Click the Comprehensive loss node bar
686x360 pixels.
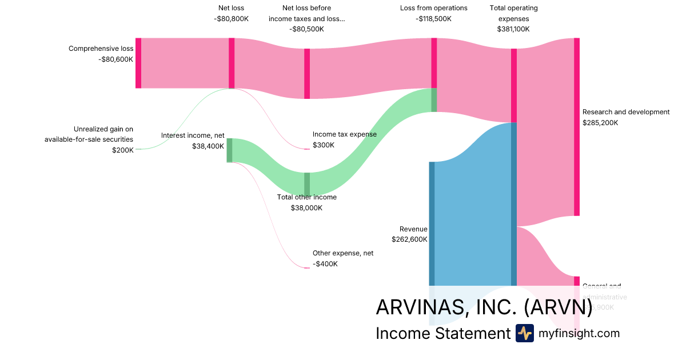[138, 63]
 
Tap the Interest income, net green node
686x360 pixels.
[229, 150]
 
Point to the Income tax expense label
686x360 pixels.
[344, 134]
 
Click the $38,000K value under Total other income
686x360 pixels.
[306, 208]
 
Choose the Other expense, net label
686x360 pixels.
[342, 253]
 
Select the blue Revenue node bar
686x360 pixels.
[432, 223]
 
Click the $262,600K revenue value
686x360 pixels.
[409, 239]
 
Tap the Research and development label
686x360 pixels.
[625, 112]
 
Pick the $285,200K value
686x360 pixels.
[600, 122]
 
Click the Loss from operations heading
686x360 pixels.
[434, 8]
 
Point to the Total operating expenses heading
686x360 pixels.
[513, 13]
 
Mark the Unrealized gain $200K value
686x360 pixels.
[123, 150]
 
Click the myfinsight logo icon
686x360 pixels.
[524, 333]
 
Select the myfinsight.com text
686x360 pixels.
[579, 333]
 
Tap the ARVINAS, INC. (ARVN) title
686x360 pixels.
[484, 307]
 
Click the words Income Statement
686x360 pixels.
[442, 334]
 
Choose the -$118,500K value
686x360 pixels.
[434, 18]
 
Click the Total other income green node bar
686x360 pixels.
[307, 184]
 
